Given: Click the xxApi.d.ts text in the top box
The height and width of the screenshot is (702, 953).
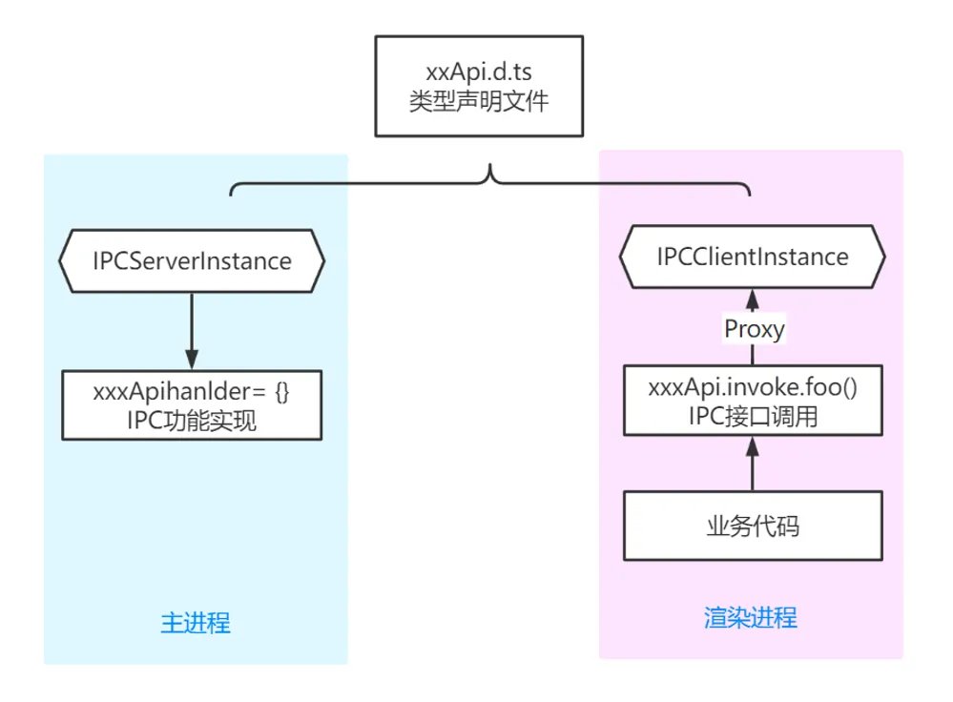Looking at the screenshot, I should pyautogui.click(x=478, y=72).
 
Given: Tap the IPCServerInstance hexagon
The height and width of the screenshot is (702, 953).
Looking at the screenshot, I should pyautogui.click(x=192, y=260).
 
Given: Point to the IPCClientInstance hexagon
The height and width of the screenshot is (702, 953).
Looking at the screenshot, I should pyautogui.click(x=752, y=257).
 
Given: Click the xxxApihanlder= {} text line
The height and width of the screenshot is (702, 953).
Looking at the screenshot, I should pyautogui.click(x=191, y=392).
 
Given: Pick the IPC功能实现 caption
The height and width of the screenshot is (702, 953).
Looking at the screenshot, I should pyautogui.click(x=191, y=420).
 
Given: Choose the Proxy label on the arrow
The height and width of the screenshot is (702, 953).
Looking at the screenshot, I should pyautogui.click(x=754, y=329).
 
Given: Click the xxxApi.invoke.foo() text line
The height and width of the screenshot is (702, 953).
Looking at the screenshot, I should pyautogui.click(x=752, y=389).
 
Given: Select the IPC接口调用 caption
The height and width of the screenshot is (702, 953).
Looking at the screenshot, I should pyautogui.click(x=752, y=417).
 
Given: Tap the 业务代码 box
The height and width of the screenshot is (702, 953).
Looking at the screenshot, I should pyautogui.click(x=752, y=526).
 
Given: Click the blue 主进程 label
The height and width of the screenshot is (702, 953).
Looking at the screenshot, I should pyautogui.click(x=196, y=624).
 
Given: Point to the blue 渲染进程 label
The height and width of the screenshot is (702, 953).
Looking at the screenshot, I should pyautogui.click(x=751, y=617).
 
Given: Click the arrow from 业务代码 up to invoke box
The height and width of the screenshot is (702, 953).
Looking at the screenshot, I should pyautogui.click(x=752, y=465).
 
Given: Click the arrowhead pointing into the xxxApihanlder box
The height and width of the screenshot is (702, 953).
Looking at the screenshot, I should pyautogui.click(x=192, y=360).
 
